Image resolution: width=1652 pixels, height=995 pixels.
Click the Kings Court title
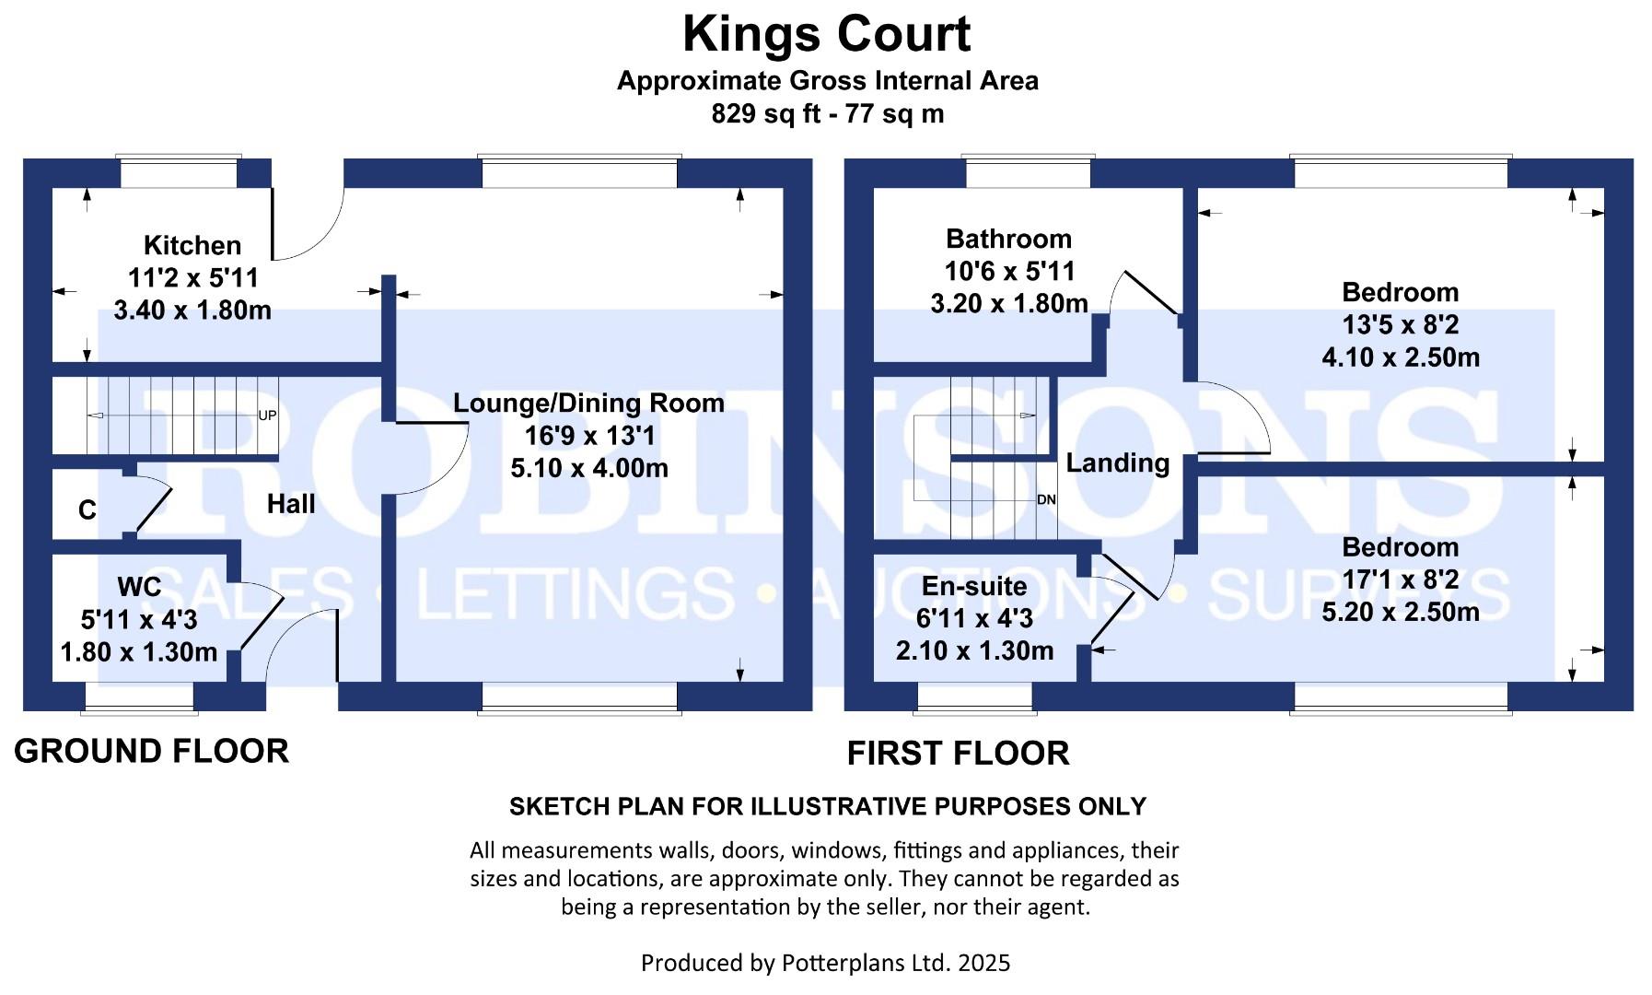pos(826,35)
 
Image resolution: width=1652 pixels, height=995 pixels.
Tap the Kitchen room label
pos(192,245)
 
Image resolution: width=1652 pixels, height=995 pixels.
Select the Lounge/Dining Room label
pos(588,404)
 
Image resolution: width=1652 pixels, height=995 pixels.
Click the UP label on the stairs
pos(267,416)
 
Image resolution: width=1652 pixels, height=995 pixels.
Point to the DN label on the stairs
pos(1046,499)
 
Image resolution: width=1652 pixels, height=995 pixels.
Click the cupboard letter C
pos(87,509)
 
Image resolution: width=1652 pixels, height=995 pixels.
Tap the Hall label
pos(291,504)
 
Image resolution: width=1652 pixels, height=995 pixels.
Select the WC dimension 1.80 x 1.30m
pos(139,652)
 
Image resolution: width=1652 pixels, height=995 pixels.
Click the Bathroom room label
pos(1008,240)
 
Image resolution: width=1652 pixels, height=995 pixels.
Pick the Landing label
pos(1118,462)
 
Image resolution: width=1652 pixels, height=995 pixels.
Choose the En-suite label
pos(974,586)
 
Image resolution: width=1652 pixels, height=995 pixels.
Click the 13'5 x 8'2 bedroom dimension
pos(1400,324)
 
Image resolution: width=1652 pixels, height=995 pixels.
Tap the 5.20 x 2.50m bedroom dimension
pos(1400,612)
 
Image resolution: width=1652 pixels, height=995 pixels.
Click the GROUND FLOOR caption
pos(152,751)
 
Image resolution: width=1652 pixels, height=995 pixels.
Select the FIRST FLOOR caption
pos(958,753)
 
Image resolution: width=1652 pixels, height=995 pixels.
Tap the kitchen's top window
pos(180,172)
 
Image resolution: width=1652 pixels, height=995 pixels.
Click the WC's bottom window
pos(139,697)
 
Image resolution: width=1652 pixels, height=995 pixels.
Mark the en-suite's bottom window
pos(974,697)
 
